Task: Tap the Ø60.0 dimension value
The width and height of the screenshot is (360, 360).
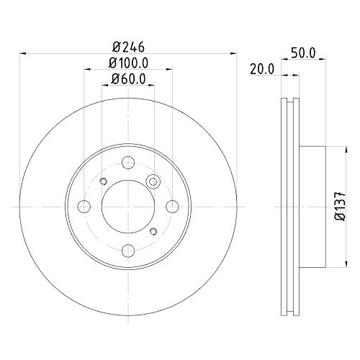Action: click(128, 79)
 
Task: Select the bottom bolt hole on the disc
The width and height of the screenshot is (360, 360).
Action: click(128, 250)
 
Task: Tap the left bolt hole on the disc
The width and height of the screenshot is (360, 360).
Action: click(84, 207)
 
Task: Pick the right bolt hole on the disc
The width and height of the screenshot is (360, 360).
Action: click(171, 207)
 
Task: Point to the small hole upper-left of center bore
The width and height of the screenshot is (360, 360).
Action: click(103, 181)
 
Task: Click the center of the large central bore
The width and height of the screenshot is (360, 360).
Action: click(128, 207)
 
